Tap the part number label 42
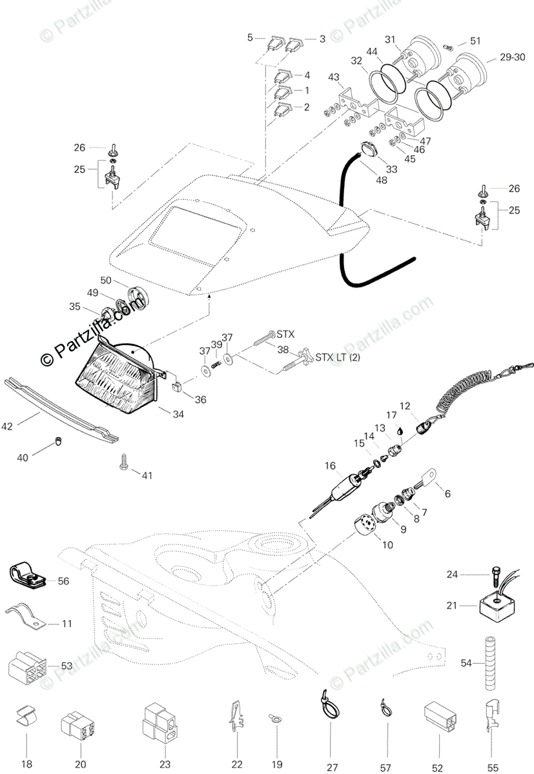point(7,426)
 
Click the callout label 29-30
point(513,57)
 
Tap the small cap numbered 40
point(59,442)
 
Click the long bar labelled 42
point(61,410)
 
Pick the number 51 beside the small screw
point(475,41)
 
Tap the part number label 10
point(387,545)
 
